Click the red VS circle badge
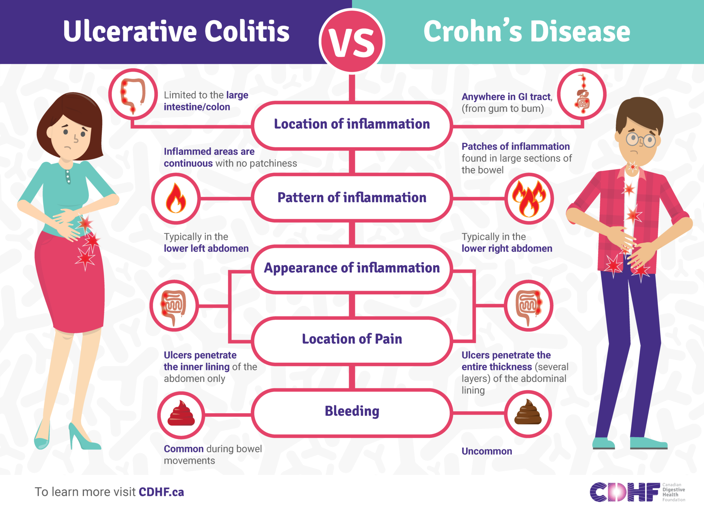click(x=352, y=41)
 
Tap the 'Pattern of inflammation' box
click(x=352, y=198)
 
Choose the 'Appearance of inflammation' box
click(x=352, y=268)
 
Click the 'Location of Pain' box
click(x=352, y=339)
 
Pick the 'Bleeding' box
click(x=352, y=412)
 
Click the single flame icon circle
click(x=176, y=198)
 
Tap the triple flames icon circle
click(x=529, y=198)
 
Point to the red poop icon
click(x=181, y=414)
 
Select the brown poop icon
click(x=528, y=413)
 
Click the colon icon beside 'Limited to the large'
click(x=133, y=94)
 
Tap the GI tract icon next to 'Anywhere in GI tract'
click(x=582, y=94)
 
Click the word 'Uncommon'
click(x=486, y=451)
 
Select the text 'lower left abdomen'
click(x=206, y=248)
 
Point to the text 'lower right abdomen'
click(x=507, y=248)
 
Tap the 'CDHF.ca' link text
click(x=161, y=492)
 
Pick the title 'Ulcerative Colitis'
click(x=176, y=32)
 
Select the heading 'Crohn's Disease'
click(x=527, y=32)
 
